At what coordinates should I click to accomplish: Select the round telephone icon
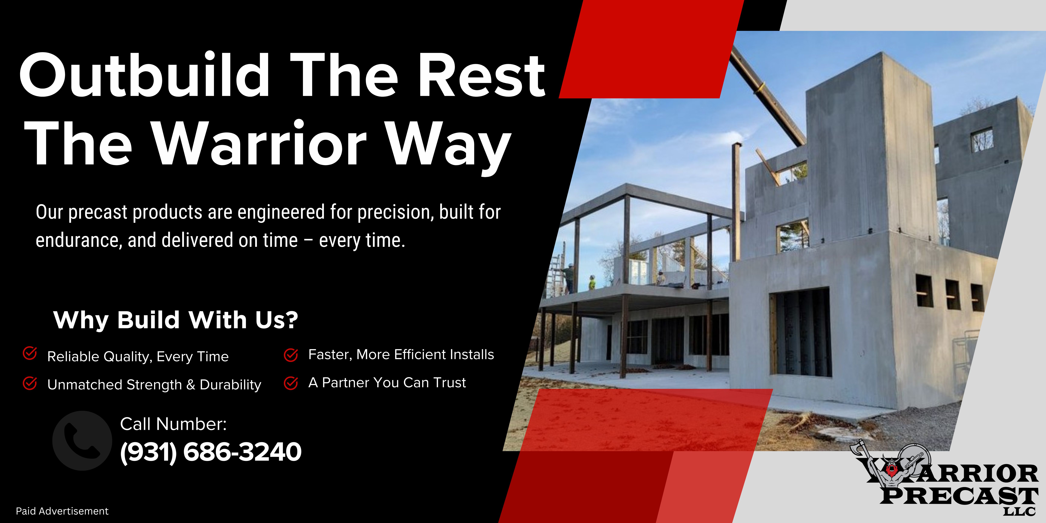[x=82, y=441]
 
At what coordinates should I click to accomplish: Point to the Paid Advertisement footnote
[x=62, y=511]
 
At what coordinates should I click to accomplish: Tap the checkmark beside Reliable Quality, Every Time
[x=30, y=353]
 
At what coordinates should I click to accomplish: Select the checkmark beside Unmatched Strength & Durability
[x=30, y=383]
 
